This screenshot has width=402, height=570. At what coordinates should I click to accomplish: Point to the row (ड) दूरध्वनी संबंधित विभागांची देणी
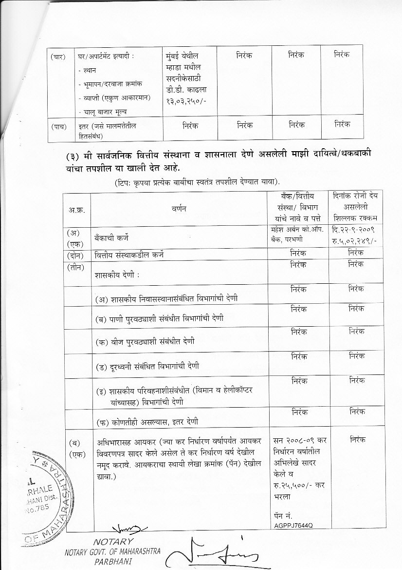coord(146,366)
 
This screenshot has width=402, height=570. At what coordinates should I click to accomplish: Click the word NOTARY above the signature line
coord(112,541)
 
